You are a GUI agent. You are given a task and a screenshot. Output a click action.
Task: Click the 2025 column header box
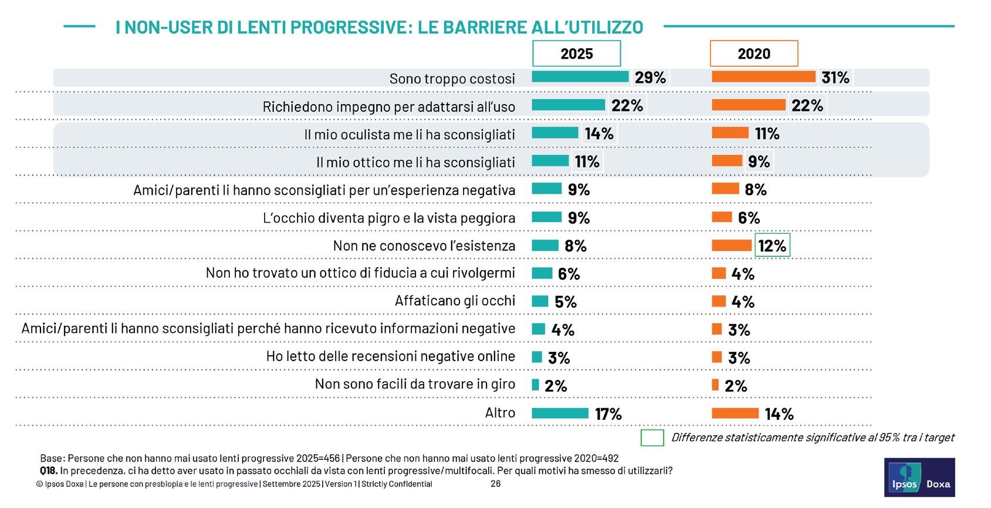point(576,54)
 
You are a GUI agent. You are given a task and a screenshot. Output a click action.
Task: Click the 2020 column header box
point(753,54)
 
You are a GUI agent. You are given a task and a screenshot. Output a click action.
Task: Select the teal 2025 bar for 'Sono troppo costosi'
point(580,77)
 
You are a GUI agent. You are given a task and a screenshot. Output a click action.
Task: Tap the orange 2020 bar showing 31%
point(763,77)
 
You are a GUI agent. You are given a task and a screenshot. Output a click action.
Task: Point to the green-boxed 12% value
point(772,245)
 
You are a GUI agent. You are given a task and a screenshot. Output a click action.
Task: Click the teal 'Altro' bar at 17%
point(560,413)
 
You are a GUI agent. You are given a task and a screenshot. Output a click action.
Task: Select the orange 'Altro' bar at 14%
point(735,413)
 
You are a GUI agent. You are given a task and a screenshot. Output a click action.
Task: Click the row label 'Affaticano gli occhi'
point(455,301)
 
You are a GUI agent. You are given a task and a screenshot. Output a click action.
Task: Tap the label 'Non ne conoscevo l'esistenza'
point(424,245)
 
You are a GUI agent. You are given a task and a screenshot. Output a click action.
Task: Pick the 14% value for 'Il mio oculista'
point(599,134)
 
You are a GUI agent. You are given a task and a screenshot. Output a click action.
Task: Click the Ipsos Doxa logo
point(919,477)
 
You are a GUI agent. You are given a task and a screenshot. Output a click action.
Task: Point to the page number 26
point(495,484)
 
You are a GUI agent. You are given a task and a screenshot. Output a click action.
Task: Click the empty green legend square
point(652,438)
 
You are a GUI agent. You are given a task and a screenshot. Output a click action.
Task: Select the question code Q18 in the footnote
point(48,471)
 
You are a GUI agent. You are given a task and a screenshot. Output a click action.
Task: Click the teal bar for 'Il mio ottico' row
point(550,161)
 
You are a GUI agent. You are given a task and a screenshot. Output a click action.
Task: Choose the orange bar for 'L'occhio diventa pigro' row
point(722,217)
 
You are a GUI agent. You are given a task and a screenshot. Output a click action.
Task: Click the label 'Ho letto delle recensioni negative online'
point(390,356)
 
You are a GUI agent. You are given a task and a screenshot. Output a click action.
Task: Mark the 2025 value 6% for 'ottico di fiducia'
point(569,274)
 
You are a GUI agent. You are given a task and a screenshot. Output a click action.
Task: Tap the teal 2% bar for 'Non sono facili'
point(535,385)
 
